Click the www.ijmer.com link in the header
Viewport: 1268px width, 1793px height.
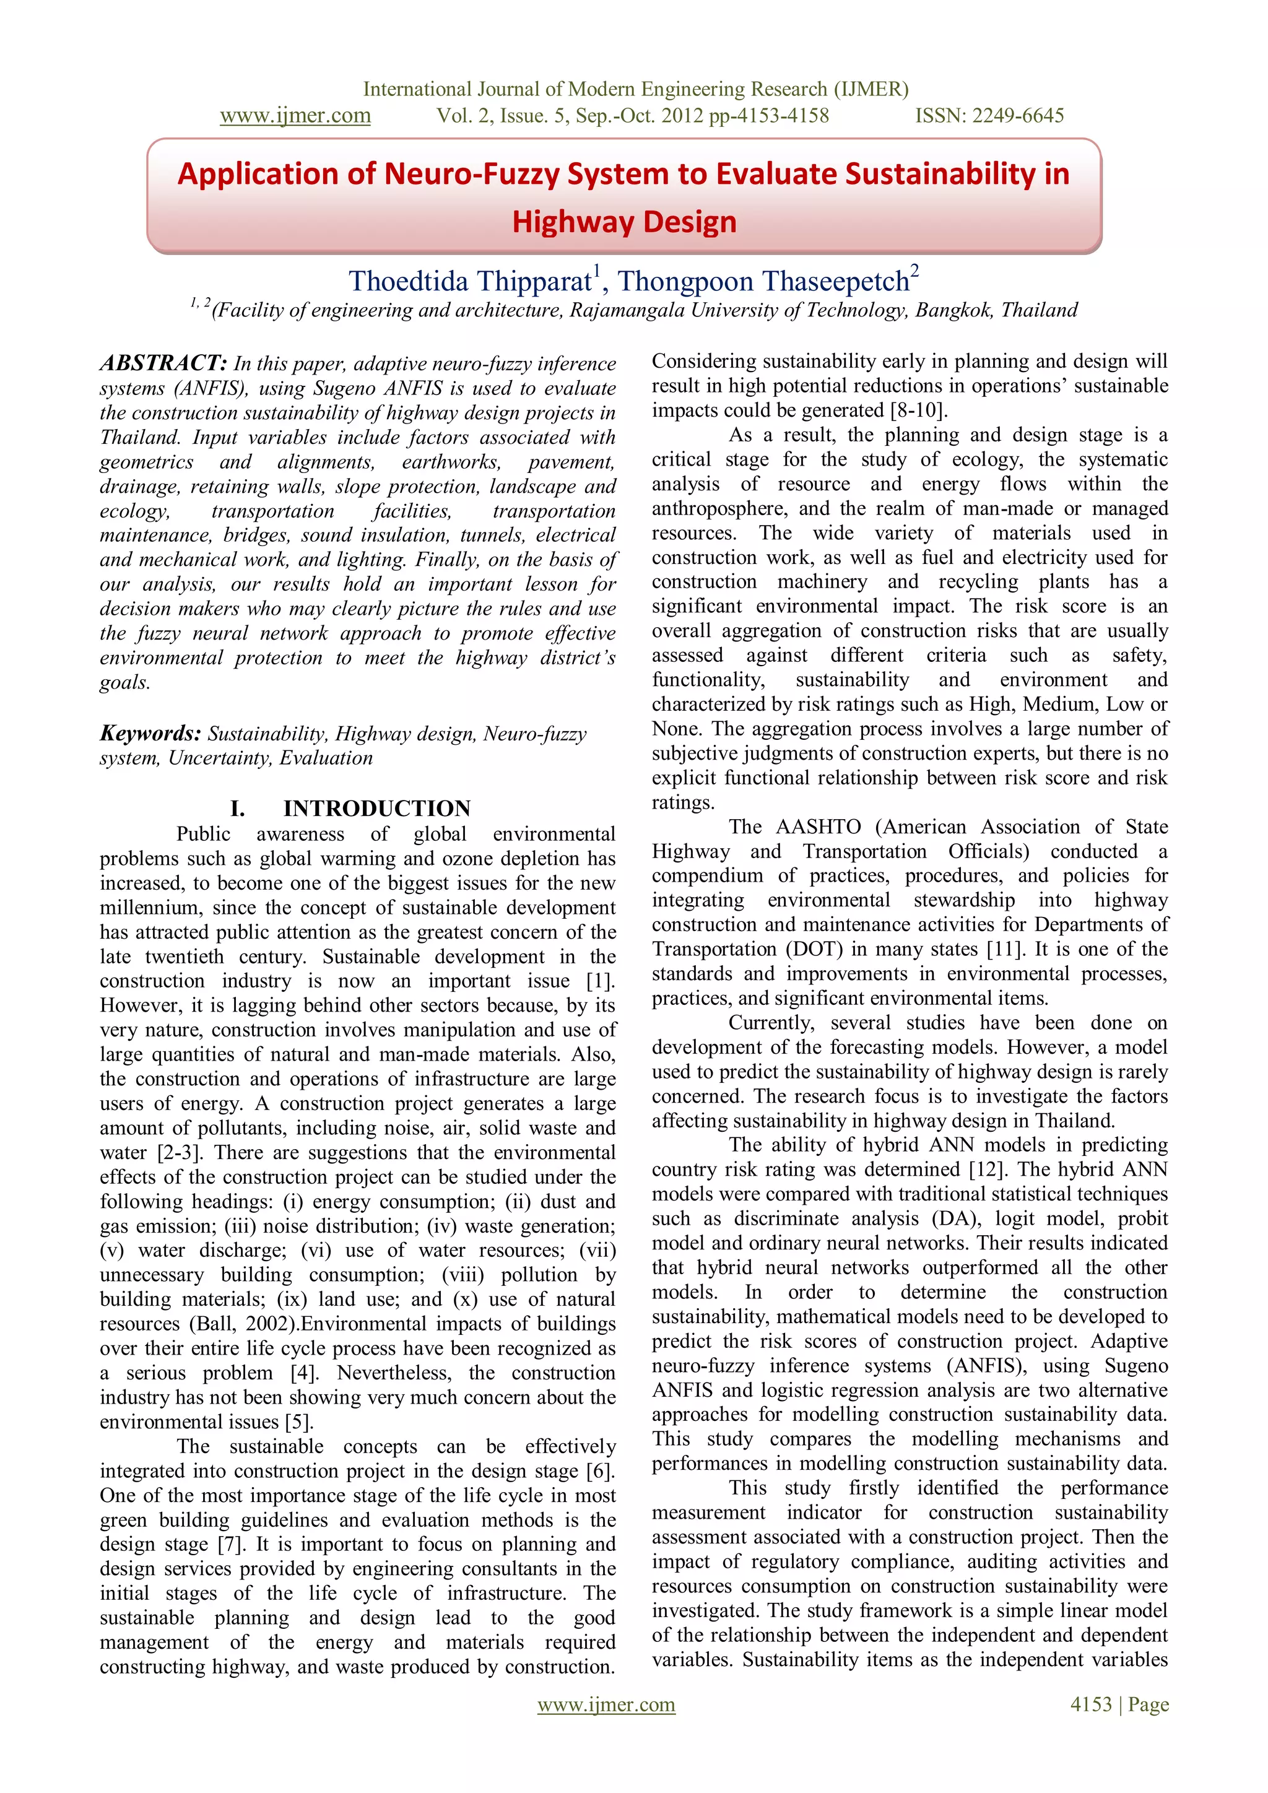click(295, 116)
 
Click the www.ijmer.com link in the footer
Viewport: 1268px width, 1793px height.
click(606, 1704)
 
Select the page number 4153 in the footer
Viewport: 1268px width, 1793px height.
click(1091, 1704)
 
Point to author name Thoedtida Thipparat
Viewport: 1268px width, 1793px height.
click(470, 281)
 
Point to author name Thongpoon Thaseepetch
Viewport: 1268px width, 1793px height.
click(765, 281)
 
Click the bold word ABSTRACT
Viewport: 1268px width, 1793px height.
click(162, 363)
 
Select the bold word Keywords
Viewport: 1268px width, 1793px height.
click(150, 733)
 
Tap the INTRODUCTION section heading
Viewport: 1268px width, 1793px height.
click(376, 808)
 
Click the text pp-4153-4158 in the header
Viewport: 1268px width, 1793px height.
click(768, 116)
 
